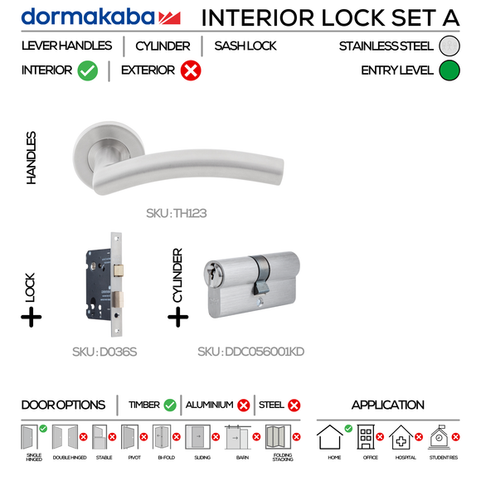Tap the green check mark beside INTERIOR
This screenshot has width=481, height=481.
tap(88, 71)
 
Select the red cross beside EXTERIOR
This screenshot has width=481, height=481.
tap(190, 71)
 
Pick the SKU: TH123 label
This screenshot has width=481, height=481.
tap(176, 213)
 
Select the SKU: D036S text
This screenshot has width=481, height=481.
tap(104, 352)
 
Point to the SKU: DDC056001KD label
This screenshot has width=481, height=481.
tap(250, 352)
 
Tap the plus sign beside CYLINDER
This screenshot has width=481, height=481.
tap(178, 316)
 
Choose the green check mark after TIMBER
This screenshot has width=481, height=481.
tap(170, 405)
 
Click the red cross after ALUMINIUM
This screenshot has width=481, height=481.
tap(243, 405)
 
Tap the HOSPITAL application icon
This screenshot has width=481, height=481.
tap(401, 437)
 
